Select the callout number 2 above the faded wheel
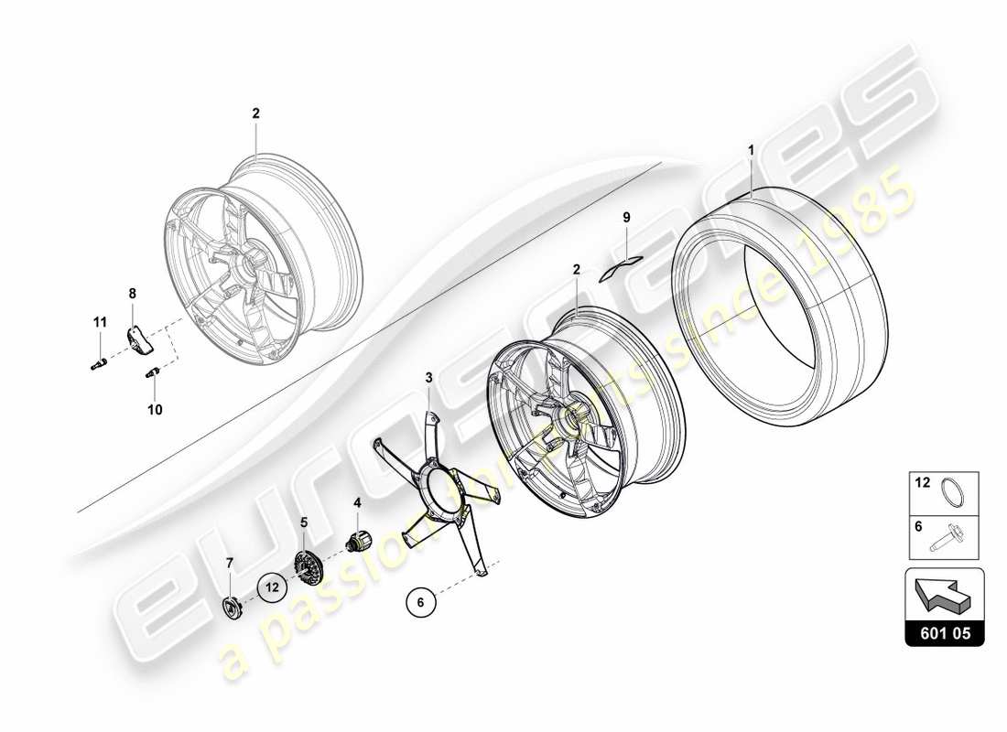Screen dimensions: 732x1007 click(255, 113)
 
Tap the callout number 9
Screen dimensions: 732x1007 click(627, 218)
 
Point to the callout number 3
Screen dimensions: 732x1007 click(428, 377)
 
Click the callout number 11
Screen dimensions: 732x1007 click(100, 322)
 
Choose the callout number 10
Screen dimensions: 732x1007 click(155, 410)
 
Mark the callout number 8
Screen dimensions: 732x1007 click(132, 294)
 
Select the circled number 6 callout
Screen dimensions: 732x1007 click(420, 602)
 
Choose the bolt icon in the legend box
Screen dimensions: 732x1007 click(953, 540)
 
